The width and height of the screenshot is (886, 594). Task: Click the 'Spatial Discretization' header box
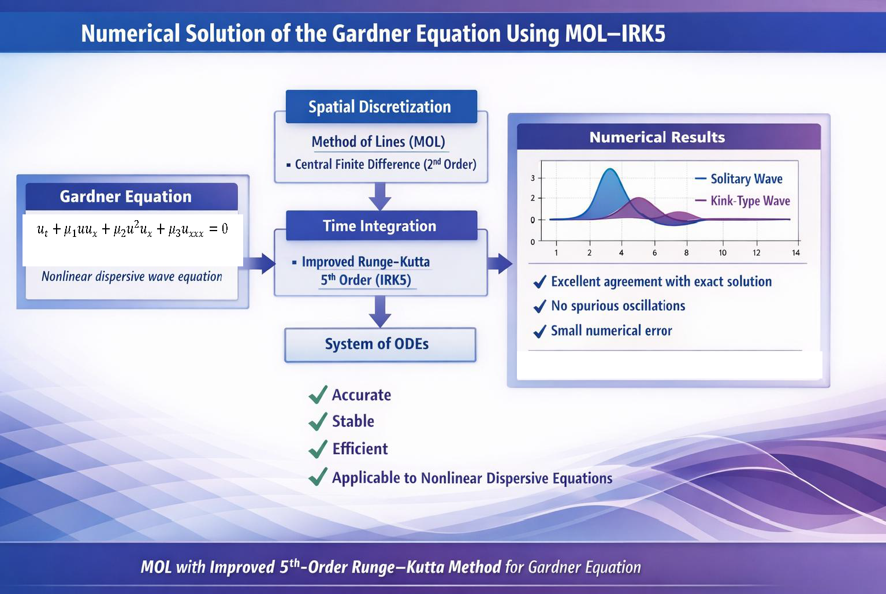pos(381,106)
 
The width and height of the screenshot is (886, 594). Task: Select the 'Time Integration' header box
pos(381,225)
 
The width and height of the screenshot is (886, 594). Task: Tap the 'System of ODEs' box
pos(380,344)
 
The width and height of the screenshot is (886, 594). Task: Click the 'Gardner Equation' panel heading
pos(125,196)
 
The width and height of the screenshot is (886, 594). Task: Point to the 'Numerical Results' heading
pos(657,137)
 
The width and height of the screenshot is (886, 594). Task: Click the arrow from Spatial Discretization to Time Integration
pos(380,196)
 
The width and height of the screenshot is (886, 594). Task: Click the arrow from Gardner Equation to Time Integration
pos(259,263)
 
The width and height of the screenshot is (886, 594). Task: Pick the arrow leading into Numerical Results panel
pos(500,263)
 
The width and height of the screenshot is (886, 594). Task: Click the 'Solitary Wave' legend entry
pos(739,179)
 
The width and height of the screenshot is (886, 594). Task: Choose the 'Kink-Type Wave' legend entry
pos(742,201)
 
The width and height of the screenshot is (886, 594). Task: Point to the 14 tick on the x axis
pos(796,253)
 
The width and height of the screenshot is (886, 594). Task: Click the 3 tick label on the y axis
pos(533,178)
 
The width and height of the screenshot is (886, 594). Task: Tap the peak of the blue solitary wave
pos(610,169)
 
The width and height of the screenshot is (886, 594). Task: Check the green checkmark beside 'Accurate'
pos(318,395)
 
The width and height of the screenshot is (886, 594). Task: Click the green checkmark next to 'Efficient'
pos(318,449)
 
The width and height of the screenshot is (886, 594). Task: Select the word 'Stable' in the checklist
pos(353,421)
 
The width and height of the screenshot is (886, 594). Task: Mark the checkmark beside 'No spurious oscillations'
pos(540,306)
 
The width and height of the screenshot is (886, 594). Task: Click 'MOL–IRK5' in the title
pos(616,34)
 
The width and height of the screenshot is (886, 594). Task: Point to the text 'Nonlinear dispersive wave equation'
pos(132,277)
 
